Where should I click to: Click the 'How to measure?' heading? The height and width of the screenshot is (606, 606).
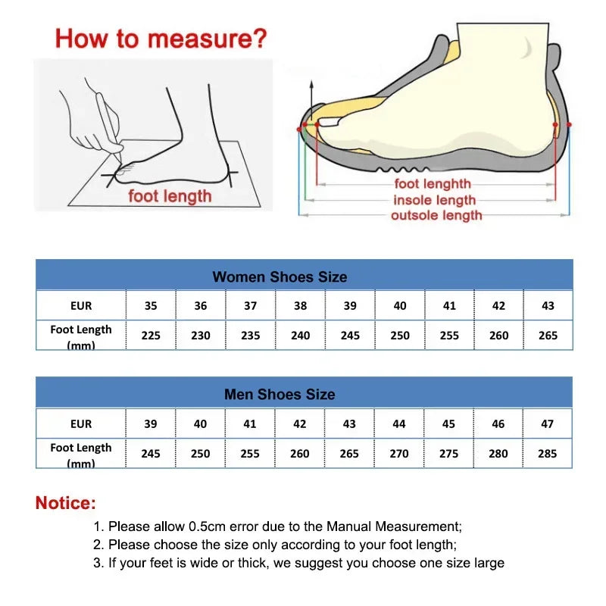pos(161,38)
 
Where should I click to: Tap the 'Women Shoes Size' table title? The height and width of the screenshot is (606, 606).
pos(280,276)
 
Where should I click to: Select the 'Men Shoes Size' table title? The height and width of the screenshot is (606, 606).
pos(280,394)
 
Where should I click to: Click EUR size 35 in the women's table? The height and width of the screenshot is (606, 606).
pos(151,306)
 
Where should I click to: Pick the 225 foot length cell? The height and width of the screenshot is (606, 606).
pos(151,335)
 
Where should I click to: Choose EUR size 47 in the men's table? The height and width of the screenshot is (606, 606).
pos(547,423)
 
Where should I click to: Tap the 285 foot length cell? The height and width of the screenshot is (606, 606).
pos(547,453)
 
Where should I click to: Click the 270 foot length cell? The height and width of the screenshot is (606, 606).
pos(399,453)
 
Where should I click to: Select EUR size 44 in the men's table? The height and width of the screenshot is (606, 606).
pos(399,423)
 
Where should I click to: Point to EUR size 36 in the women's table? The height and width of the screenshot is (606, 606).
pos(200,306)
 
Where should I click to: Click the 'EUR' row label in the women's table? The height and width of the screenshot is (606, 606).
pos(81,306)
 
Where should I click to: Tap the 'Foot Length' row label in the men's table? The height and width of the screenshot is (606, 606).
pos(81,448)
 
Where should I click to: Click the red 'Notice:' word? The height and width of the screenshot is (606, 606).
pos(66,502)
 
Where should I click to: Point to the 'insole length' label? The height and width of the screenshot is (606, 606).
pos(434,200)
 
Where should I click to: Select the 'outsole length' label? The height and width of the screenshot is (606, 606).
pos(436,216)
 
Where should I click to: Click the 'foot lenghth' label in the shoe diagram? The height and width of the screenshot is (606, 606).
pos(433,184)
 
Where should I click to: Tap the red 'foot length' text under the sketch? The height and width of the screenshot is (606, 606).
pos(170,196)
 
